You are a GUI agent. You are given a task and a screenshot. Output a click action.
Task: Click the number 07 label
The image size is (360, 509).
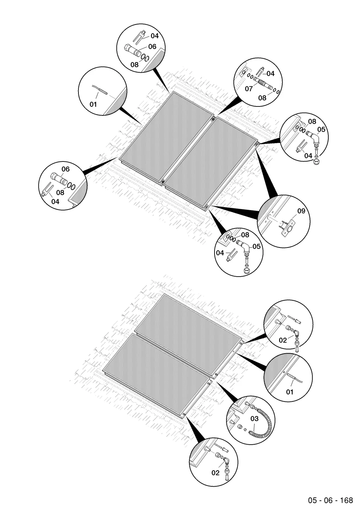(248, 88)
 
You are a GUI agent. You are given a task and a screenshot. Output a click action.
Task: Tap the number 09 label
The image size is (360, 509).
(301, 211)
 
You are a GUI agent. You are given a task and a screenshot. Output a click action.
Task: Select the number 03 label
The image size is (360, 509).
(255, 419)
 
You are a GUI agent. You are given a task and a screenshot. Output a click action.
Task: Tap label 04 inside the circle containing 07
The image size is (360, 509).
(270, 73)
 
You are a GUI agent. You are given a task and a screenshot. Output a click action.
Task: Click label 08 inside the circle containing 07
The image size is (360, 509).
(262, 98)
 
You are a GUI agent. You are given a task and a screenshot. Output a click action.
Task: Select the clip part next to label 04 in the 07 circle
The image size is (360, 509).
(260, 71)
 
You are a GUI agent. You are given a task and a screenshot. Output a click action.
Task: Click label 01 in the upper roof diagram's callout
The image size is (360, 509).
(93, 104)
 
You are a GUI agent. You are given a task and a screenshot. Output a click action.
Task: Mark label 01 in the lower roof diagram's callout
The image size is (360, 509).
(289, 392)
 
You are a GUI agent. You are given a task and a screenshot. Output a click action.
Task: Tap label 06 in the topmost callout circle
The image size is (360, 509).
(152, 46)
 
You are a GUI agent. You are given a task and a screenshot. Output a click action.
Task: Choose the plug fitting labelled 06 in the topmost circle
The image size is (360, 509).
(132, 51)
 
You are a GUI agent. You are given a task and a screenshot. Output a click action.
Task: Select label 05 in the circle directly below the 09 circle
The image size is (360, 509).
(256, 246)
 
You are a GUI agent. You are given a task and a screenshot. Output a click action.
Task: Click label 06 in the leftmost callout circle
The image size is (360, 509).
(66, 169)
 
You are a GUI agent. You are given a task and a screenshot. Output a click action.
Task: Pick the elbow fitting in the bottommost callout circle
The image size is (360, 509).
(226, 460)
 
